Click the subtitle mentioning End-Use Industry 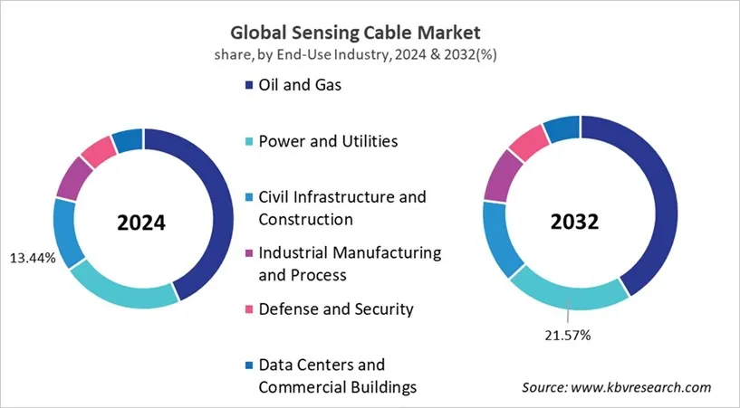370,53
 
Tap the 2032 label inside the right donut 580,223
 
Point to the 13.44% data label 32,258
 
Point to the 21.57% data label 567,335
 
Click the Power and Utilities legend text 328,141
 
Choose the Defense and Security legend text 336,308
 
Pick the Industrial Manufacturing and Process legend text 350,262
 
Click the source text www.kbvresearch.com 616,386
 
